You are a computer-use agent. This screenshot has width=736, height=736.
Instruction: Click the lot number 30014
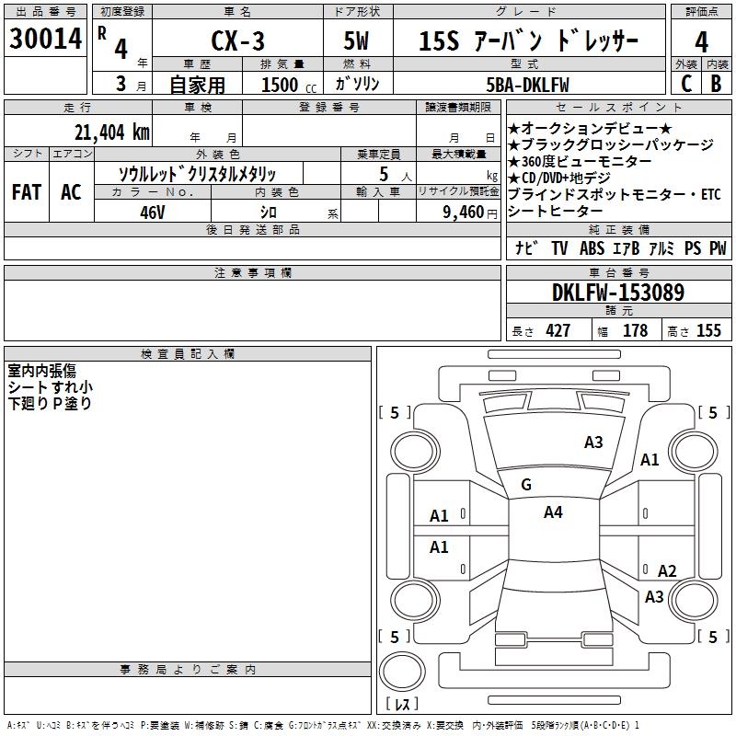45,40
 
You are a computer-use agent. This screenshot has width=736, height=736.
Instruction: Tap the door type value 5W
358,42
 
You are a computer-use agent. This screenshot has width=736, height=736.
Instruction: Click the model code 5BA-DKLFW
527,85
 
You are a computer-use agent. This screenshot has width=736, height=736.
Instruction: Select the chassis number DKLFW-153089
618,293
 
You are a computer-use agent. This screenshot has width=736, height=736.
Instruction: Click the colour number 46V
153,211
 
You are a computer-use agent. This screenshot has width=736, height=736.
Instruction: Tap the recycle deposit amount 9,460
464,212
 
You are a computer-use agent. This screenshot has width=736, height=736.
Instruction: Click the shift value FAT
26,191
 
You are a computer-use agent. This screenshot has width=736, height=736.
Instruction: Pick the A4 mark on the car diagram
553,512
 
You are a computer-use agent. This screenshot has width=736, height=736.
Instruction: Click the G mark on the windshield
526,485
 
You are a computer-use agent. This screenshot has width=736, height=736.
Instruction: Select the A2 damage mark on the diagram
667,571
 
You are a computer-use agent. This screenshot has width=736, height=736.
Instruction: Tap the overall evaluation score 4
701,42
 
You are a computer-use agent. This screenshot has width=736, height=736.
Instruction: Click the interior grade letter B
716,84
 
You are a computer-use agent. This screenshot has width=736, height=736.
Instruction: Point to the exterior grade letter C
685,84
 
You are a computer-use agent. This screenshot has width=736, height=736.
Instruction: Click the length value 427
558,331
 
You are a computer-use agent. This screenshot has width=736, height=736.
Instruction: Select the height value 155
708,331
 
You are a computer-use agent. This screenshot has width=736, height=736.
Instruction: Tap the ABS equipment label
592,248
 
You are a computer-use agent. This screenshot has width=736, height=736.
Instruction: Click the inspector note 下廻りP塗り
50,403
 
